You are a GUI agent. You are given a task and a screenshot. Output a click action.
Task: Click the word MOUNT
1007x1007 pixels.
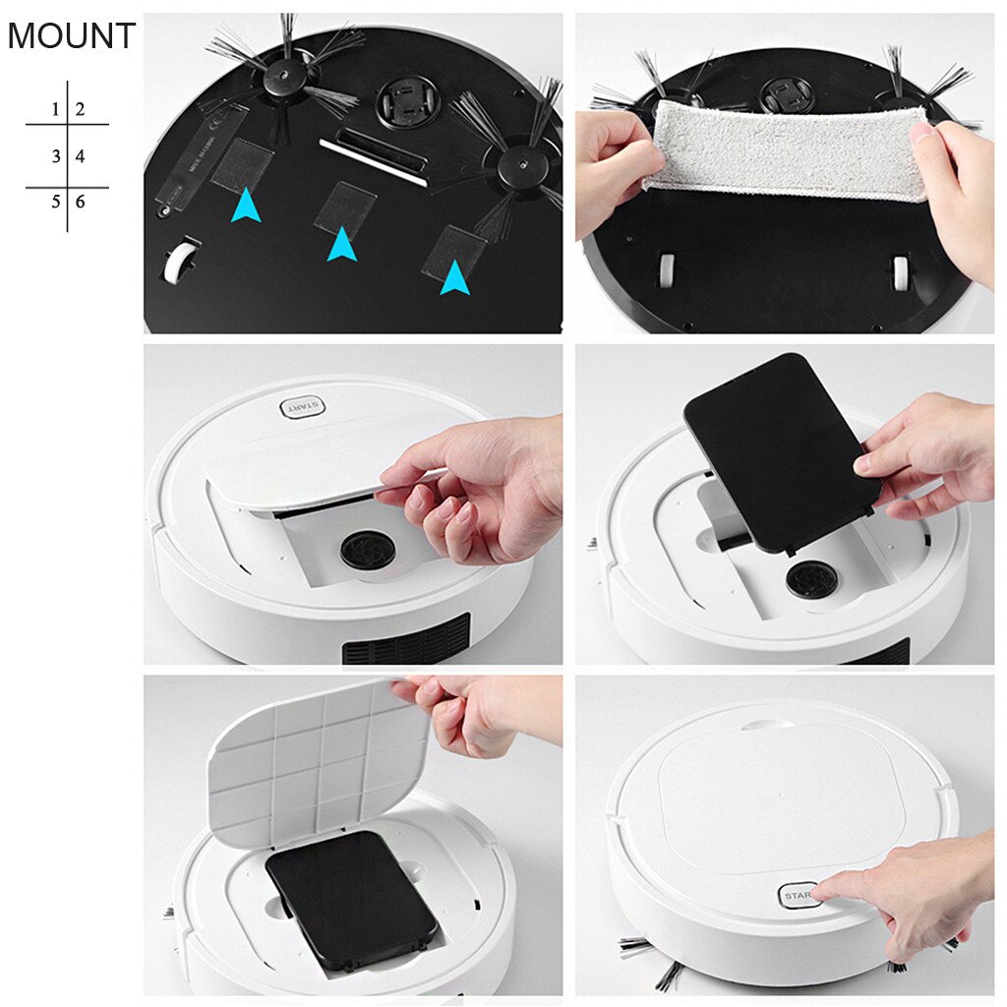[71, 36]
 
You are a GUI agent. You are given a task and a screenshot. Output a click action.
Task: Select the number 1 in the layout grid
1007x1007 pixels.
[56, 109]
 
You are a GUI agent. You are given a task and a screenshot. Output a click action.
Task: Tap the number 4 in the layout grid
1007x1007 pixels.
[80, 156]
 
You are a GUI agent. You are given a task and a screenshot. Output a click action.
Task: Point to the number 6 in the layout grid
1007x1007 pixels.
[80, 202]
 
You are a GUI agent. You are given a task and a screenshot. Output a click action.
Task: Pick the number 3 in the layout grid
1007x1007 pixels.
[56, 156]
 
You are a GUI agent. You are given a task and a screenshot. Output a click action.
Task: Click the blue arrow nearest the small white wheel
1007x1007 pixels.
[246, 206]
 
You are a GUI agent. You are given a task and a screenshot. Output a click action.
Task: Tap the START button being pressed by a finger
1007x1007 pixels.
[799, 896]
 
